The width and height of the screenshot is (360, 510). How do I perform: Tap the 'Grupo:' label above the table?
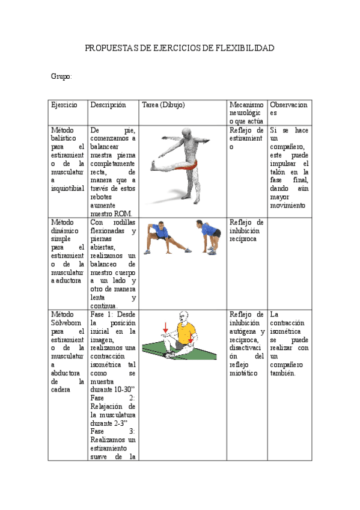point(61,76)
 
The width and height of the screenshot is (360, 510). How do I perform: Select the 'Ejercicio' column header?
point(64,105)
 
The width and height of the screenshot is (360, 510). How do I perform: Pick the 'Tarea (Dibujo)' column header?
point(163,105)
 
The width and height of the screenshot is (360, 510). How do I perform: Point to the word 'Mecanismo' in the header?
point(246,105)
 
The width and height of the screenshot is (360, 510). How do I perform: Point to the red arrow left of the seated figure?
point(165,327)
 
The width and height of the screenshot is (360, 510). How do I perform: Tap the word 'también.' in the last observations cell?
point(283,373)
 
